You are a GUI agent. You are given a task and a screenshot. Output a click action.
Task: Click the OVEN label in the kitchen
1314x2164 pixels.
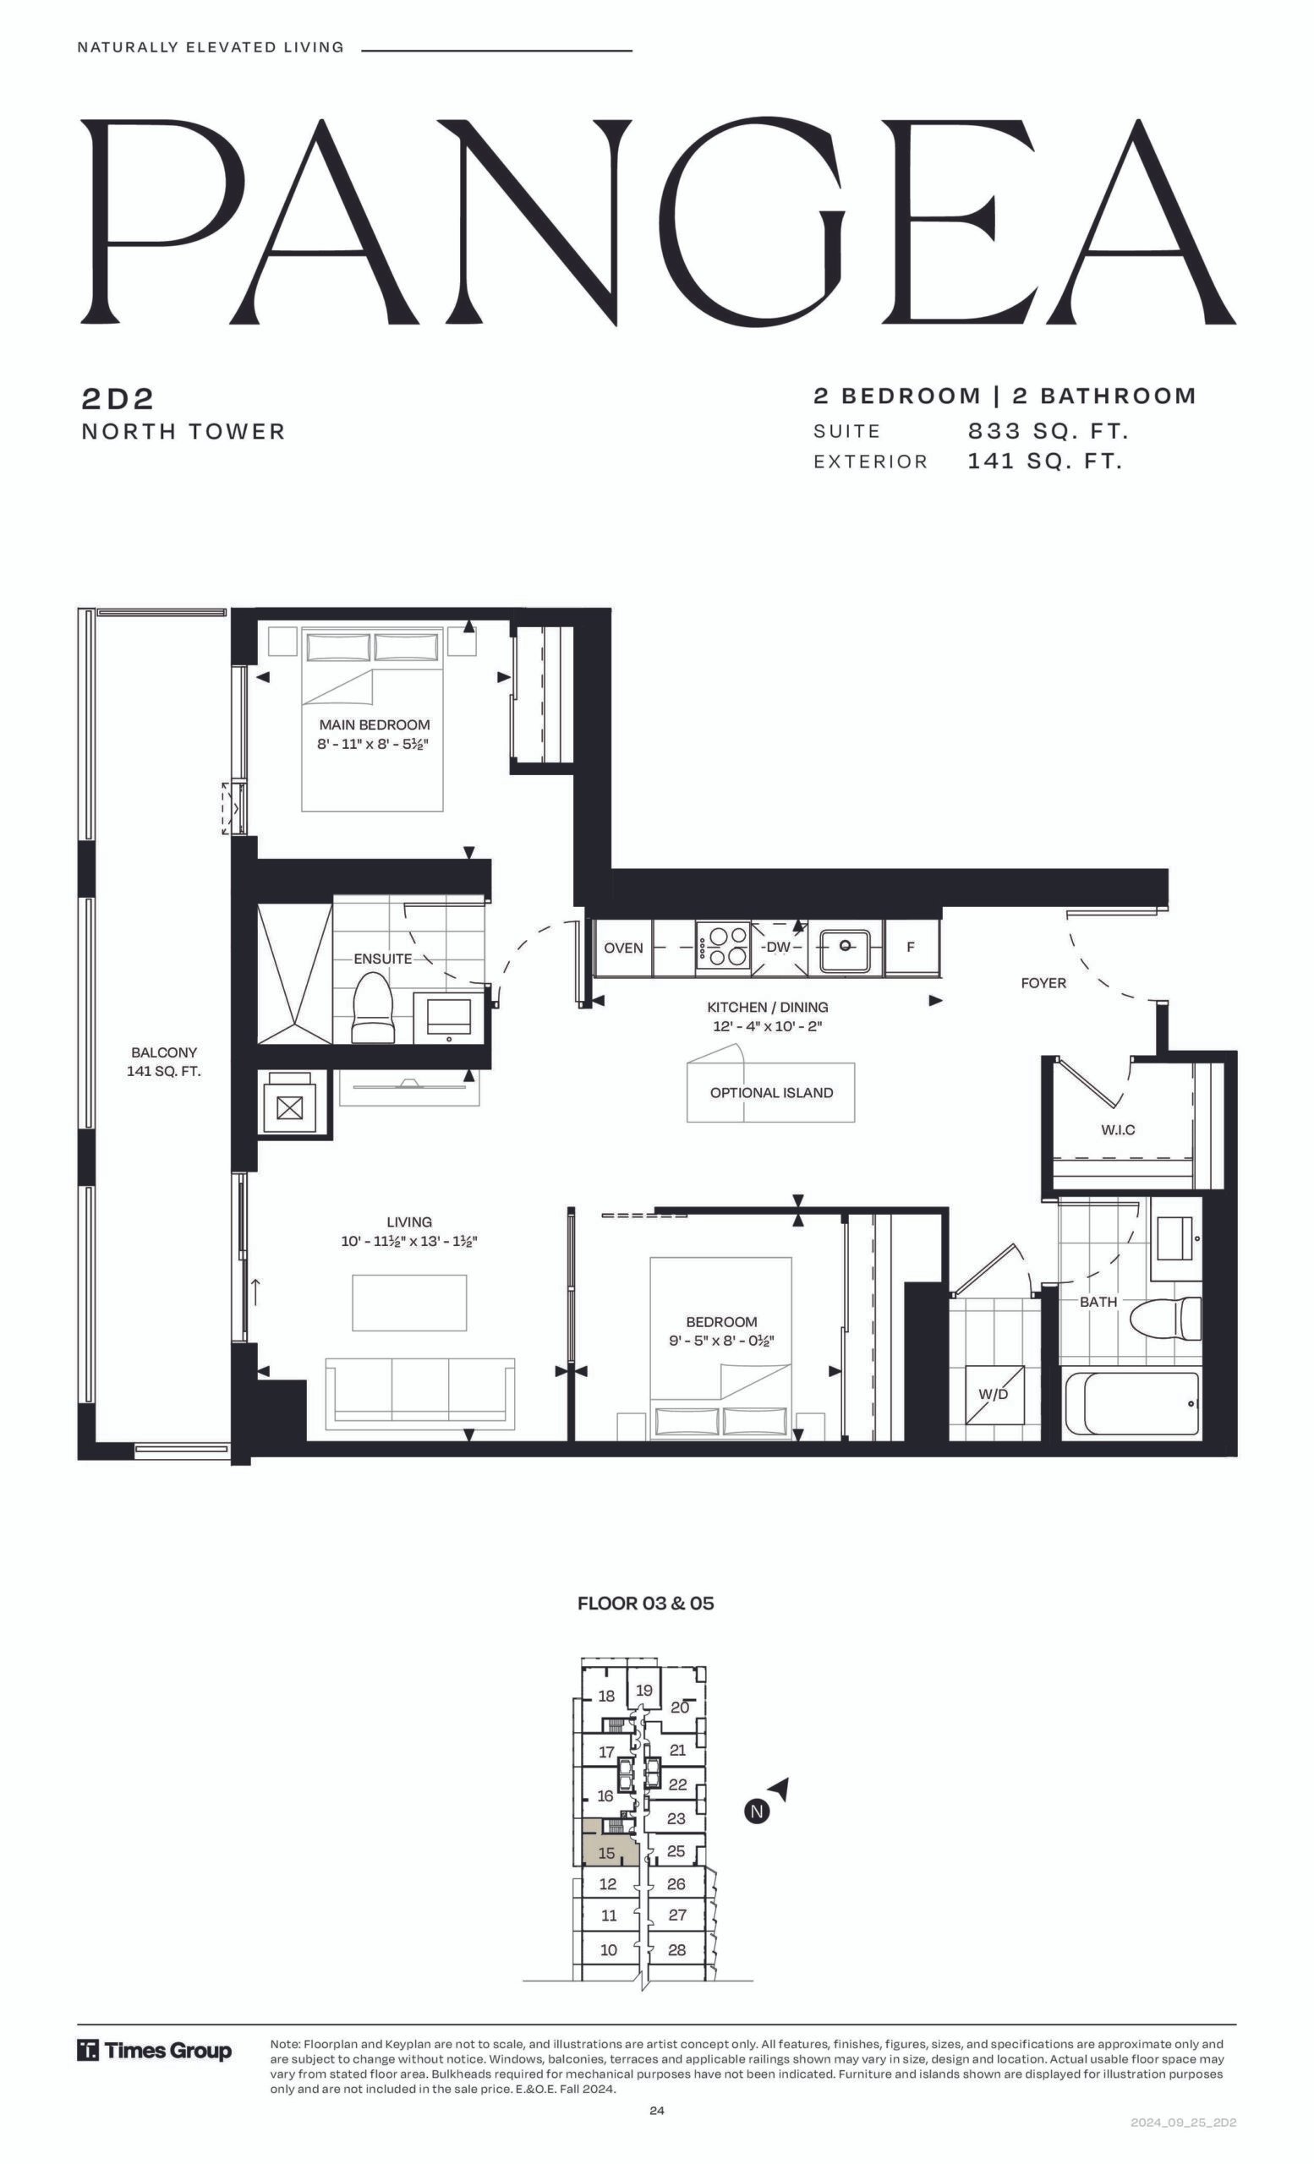(x=622, y=948)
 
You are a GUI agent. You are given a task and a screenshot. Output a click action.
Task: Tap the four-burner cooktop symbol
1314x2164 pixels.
(x=723, y=947)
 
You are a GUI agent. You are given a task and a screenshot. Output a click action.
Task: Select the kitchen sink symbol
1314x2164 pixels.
(x=844, y=946)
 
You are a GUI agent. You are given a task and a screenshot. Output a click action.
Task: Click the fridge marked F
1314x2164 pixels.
(x=911, y=947)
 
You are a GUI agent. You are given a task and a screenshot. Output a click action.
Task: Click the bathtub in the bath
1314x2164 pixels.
(x=1131, y=1403)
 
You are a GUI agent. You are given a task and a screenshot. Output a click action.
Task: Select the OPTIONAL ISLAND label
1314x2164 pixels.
(x=771, y=1092)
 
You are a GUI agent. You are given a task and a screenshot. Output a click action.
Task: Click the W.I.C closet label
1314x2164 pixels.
(x=1118, y=1129)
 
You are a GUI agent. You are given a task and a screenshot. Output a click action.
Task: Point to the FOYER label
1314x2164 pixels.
(x=1043, y=983)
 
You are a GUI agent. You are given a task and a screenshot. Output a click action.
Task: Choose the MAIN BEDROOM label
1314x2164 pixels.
(x=375, y=724)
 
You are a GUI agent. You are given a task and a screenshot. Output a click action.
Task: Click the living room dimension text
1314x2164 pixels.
(x=409, y=1241)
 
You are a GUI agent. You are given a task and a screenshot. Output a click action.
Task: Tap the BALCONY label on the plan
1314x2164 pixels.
(x=164, y=1052)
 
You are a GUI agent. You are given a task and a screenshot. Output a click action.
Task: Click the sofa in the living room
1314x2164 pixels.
(x=420, y=1395)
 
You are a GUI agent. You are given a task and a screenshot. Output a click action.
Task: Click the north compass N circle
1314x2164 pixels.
(x=757, y=1811)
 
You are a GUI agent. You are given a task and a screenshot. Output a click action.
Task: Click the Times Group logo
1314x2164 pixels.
(x=155, y=2052)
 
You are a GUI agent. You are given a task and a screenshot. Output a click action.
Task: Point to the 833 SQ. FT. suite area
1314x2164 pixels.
(x=1048, y=431)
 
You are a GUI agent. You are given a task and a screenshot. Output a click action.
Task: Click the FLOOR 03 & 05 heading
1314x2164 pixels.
(x=645, y=1603)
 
